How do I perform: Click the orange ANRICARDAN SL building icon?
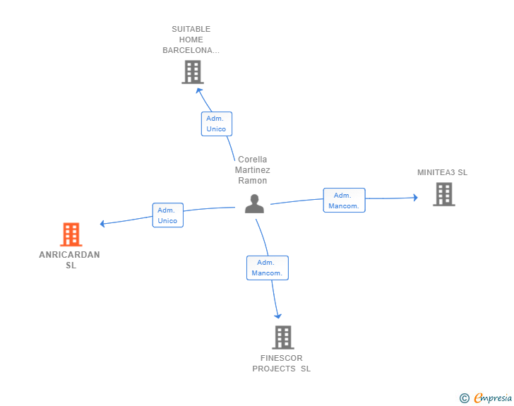71,234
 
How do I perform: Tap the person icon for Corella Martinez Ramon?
254,203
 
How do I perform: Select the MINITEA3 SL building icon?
444,194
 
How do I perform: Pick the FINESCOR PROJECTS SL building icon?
283,338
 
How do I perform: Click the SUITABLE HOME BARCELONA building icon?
193,72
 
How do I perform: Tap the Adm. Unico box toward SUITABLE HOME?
217,124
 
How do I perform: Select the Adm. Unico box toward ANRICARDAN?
168,215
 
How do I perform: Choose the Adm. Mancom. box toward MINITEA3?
345,201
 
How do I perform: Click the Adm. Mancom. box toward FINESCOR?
268,268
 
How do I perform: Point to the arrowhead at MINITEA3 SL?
415,198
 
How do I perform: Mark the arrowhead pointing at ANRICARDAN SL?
102,224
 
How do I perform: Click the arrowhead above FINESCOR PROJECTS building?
278,316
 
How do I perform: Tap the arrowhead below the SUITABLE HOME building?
198,90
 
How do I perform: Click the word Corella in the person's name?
253,160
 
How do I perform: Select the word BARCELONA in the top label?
188,50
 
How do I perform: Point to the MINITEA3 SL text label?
442,172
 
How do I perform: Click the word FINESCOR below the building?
282,358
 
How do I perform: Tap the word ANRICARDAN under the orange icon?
69,255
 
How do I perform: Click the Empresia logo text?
493,398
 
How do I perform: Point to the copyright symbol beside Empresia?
464,398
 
